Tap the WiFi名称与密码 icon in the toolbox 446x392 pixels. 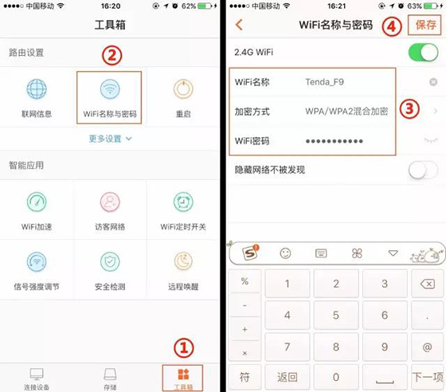110,89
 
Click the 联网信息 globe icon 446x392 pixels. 37,89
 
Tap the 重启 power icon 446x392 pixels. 183,89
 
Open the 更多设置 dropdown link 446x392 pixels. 110,139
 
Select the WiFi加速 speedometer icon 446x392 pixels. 37,202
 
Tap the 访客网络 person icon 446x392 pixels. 110,202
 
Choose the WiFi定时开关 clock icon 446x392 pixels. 183,202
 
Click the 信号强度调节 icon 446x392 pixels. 37,261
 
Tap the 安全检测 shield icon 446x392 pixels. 110,261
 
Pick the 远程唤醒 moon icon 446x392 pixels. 183,261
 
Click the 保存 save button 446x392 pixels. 426,25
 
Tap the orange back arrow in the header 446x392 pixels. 238,25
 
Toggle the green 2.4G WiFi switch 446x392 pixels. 423,53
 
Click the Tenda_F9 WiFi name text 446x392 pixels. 325,82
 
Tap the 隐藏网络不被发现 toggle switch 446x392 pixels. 423,170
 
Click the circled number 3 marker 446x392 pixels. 409,110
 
